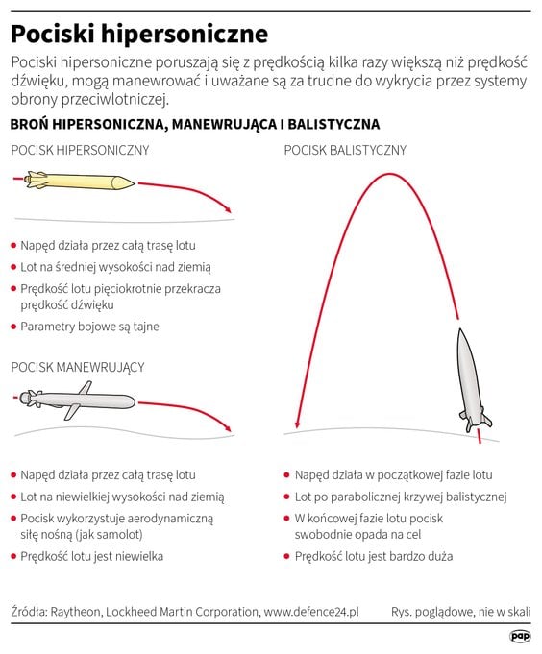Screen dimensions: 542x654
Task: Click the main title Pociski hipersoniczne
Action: click(139, 35)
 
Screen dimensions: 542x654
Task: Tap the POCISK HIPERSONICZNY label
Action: click(80, 150)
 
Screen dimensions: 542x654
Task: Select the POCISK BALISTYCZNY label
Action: click(345, 150)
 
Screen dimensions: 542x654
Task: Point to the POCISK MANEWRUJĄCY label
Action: click(78, 367)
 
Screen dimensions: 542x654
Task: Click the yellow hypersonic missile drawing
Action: click(79, 181)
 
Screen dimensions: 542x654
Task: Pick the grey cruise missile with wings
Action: click(77, 400)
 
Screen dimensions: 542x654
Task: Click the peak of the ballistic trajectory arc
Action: click(389, 174)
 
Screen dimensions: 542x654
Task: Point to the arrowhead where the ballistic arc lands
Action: click(297, 424)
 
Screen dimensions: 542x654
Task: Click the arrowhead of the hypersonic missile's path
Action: click(227, 209)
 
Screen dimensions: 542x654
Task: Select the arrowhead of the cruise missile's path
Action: click(227, 428)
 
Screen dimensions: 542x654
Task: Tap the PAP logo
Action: click(520, 636)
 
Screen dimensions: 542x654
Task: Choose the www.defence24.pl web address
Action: click(311, 612)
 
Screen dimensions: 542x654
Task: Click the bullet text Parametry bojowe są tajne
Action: click(89, 327)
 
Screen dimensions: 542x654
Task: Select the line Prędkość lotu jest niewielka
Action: click(92, 556)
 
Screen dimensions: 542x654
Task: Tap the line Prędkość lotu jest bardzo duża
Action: click(374, 556)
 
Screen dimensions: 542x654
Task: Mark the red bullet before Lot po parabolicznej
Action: click(286, 497)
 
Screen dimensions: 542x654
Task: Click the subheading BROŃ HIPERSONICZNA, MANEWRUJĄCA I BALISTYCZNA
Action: click(195, 124)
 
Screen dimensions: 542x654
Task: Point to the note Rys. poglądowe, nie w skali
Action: click(461, 612)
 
